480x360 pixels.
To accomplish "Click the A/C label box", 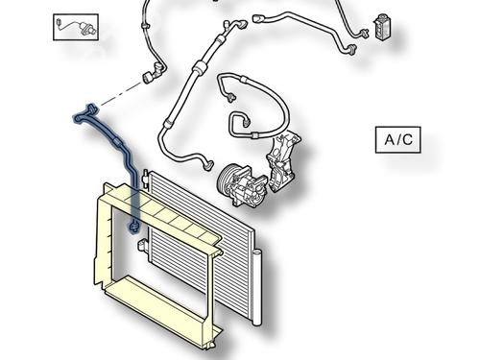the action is pyautogui.click(x=397, y=140).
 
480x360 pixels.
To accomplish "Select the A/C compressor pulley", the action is pyautogui.click(x=228, y=181).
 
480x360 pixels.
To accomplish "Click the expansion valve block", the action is pyautogui.click(x=381, y=27).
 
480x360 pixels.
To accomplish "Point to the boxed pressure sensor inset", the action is pyautogui.click(x=76, y=27).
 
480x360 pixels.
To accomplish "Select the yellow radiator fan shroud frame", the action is pyautogui.click(x=156, y=266).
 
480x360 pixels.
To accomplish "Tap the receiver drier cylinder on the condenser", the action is pyautogui.click(x=257, y=288).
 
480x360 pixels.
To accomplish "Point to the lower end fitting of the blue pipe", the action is pyautogui.click(x=133, y=228).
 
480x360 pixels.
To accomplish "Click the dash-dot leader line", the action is pyautogui.click(x=120, y=95).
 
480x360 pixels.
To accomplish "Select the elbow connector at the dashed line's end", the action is pyautogui.click(x=154, y=73).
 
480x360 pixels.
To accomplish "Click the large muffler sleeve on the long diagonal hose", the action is pyautogui.click(x=199, y=66).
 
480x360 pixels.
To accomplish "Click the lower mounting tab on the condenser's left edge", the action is pyautogui.click(x=142, y=246).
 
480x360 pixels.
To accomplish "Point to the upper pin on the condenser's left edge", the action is pyautogui.click(x=145, y=176).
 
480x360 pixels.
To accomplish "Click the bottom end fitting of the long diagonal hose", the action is pyautogui.click(x=208, y=165).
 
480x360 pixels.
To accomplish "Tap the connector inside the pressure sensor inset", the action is pyautogui.click(x=59, y=23).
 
